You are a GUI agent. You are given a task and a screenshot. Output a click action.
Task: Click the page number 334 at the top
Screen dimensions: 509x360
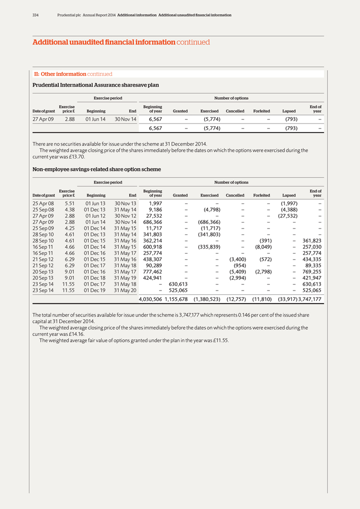click(35, 15)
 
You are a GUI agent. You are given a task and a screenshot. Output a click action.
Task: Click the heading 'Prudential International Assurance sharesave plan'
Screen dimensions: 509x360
click(95, 85)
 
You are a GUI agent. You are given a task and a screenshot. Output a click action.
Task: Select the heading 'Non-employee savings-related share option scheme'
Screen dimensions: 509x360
click(96, 169)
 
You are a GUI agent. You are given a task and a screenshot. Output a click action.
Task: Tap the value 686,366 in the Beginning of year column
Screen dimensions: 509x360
click(151, 222)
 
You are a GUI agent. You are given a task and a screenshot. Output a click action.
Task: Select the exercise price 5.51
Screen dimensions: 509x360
click(70, 203)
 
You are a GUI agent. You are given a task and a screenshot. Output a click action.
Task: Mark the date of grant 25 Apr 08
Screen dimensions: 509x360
click(43, 203)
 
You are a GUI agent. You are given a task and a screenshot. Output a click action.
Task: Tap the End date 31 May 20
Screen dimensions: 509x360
click(125, 290)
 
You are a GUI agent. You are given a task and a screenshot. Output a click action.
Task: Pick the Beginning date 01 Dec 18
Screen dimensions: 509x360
click(94, 277)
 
